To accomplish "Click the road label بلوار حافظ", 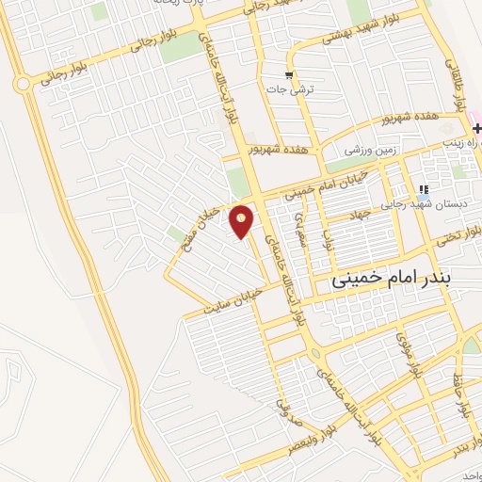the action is tap(461, 396).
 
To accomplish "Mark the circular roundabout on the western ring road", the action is tap(22, 84).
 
